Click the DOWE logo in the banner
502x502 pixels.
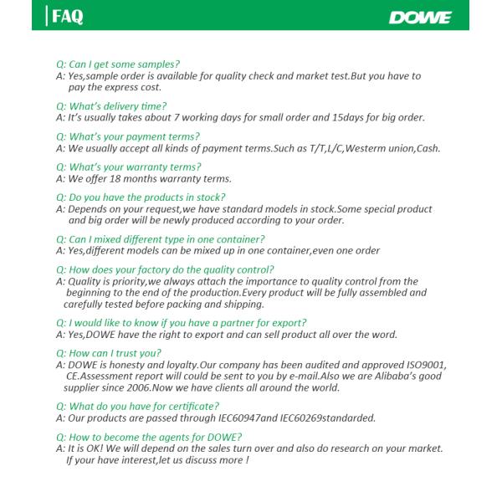point(421,18)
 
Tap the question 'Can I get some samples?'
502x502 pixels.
point(118,64)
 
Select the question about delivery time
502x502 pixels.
point(111,106)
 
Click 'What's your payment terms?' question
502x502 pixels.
point(128,136)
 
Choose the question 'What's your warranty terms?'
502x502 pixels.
point(129,166)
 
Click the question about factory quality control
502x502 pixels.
point(165,269)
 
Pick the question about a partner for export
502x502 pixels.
point(181,323)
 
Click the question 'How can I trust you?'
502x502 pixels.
point(109,353)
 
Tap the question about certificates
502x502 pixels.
point(138,407)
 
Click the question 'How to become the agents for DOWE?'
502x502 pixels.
point(149,437)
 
